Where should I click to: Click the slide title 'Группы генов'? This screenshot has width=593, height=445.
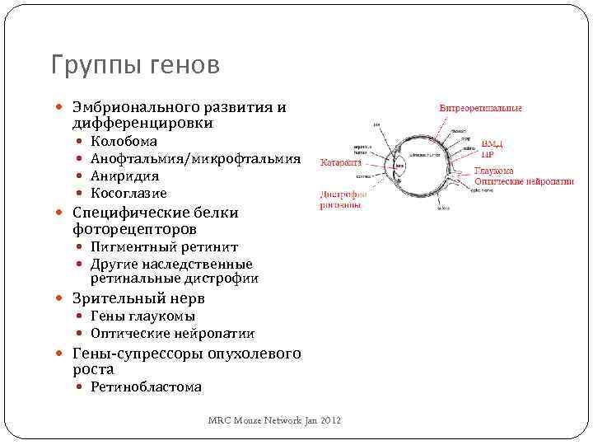135,65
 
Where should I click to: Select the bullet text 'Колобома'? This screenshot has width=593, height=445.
124,142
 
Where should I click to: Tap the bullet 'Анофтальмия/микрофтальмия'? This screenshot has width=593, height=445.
195,159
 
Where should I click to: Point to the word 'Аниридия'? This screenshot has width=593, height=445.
124,176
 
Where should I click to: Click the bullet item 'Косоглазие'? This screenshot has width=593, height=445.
128,194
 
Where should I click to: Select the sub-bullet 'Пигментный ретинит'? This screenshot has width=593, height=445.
164,247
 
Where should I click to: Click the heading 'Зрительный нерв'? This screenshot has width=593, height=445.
138,298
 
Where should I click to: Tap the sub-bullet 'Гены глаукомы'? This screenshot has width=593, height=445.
142,316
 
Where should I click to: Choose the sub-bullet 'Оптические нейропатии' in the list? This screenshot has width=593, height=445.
172,334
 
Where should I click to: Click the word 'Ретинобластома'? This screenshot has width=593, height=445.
146,387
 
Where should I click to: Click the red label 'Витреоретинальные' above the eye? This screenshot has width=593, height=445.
480,108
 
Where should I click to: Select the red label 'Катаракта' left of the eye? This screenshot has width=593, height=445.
342,162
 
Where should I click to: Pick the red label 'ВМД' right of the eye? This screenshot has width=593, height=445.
492,145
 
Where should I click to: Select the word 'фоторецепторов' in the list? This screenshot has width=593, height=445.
134,228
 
